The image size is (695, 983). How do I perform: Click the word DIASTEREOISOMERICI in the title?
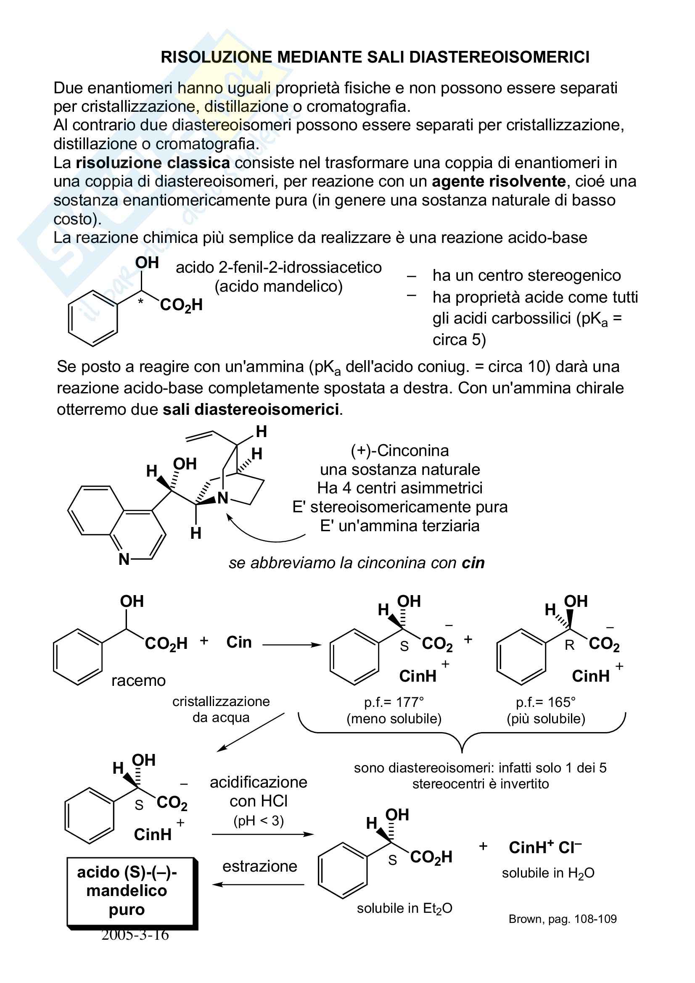coord(499,57)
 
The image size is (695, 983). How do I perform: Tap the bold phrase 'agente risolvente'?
coord(499,182)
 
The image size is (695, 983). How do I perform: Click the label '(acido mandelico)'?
coord(278,287)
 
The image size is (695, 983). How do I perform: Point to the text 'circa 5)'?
coord(459,340)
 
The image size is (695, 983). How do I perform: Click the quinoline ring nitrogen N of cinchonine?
coord(124,559)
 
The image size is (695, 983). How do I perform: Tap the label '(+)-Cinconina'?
coord(399,451)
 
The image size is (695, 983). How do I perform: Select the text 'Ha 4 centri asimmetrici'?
coord(399,488)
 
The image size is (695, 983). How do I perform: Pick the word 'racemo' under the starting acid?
coord(138,680)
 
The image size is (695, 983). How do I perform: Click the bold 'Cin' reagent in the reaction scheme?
coord(239,642)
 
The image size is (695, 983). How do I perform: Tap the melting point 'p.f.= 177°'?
coord(394,702)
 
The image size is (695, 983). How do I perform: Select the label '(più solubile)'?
coord(546,718)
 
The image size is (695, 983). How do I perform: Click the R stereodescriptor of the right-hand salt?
coord(569,645)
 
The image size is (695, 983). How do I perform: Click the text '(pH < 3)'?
coord(258,821)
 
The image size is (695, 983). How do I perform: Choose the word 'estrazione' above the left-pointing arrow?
coord(259,866)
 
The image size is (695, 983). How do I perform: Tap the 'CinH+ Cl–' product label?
coord(545,848)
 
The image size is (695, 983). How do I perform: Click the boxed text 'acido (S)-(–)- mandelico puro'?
coord(127,891)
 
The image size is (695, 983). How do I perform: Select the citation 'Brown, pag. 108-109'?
coord(562,919)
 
